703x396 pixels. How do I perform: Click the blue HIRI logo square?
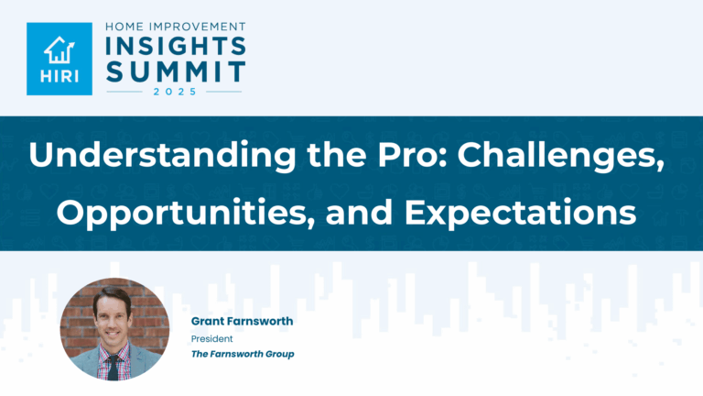click(x=59, y=59)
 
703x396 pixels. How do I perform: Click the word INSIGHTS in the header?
click(x=175, y=47)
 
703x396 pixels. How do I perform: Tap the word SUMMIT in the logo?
click(x=175, y=71)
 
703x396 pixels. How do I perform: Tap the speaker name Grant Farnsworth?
click(x=242, y=322)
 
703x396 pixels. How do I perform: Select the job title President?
click(x=211, y=338)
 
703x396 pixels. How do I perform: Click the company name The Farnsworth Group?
click(x=242, y=354)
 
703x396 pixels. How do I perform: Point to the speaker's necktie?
click(x=112, y=367)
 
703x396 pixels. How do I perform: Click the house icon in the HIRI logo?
click(x=59, y=49)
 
